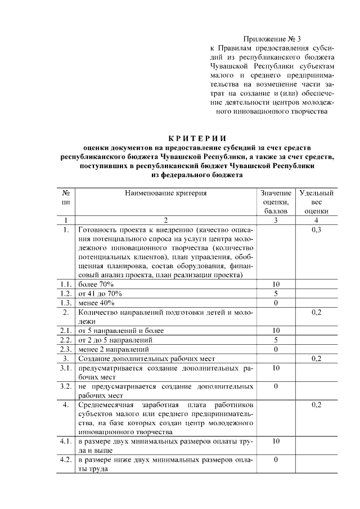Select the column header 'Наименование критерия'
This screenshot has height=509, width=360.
[x=166, y=193]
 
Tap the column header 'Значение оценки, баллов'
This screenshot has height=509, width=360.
[x=276, y=202]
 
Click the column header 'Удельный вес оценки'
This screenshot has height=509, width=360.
[x=317, y=202]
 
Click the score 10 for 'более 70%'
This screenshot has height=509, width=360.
[x=276, y=284]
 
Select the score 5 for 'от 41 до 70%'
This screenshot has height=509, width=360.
[x=276, y=294]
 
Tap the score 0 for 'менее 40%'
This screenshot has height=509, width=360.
[x=276, y=303]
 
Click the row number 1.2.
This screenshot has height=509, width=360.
[x=66, y=294]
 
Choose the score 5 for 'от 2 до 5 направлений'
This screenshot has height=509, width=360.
[x=276, y=340]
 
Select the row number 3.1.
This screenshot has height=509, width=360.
[x=66, y=367]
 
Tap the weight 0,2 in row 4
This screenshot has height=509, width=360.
[x=317, y=404]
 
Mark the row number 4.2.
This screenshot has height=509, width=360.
[x=66, y=460]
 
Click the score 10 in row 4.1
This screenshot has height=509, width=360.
[x=276, y=441]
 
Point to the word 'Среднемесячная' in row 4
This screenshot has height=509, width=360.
[x=106, y=404]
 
